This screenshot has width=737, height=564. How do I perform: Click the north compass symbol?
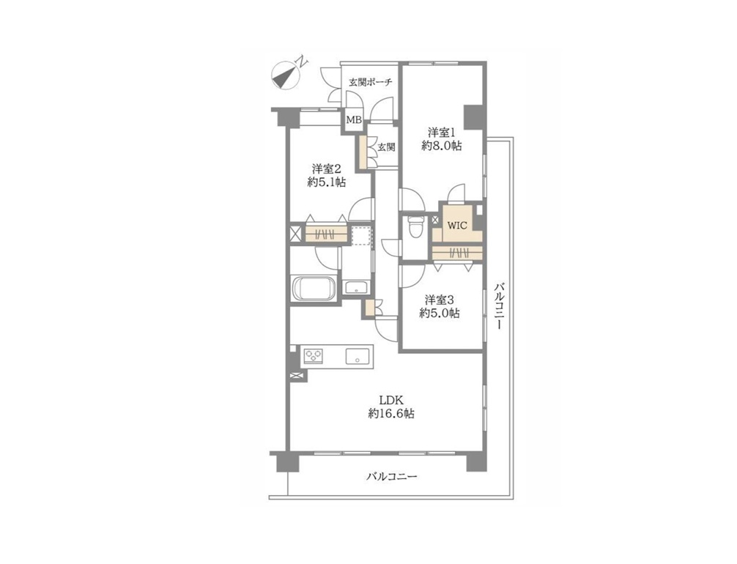click(x=286, y=75)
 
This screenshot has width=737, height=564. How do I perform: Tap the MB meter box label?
click(x=353, y=120)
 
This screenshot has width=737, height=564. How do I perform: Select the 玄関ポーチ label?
click(x=371, y=82)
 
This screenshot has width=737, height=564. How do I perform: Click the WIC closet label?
click(x=457, y=225)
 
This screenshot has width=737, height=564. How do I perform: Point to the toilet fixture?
click(x=415, y=226)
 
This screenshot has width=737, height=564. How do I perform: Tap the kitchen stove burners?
click(x=314, y=355)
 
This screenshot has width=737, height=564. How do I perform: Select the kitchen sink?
click(x=359, y=356)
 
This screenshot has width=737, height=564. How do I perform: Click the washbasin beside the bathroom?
click(x=356, y=286)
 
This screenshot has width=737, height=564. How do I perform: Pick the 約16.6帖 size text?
click(x=391, y=414)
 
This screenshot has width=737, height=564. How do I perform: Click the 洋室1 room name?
click(x=441, y=131)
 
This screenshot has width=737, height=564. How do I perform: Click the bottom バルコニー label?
click(x=391, y=477)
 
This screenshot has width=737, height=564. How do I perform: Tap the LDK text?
click(x=391, y=401)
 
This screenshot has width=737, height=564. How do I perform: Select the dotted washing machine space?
click(x=361, y=235)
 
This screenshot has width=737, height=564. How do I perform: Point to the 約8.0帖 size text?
click(x=441, y=146)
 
